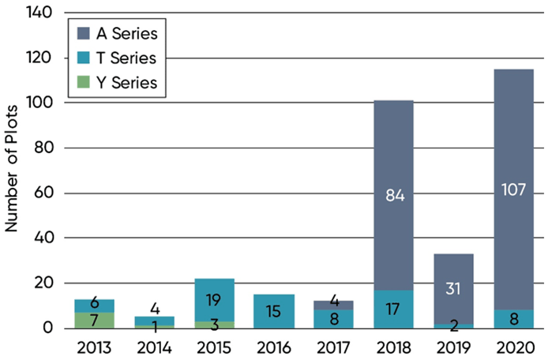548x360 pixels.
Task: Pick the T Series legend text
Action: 131,58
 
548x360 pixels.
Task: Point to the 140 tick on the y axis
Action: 42,13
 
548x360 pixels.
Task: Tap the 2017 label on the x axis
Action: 334,345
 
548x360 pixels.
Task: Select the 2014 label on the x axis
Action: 154,345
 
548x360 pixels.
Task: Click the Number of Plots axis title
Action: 13,171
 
